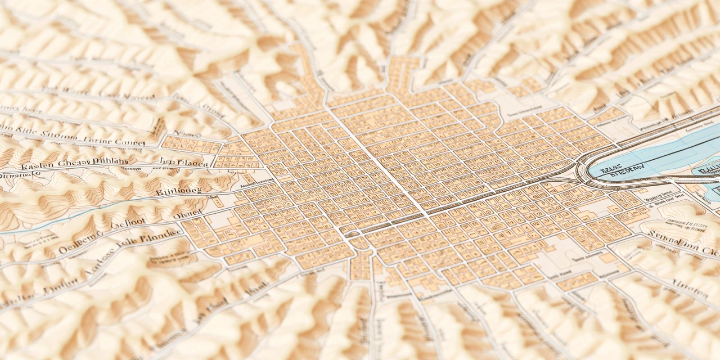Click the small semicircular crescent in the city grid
point(353,233)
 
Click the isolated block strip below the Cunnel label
point(191,145)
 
